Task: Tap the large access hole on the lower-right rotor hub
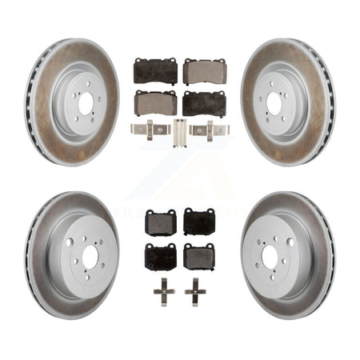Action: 290,242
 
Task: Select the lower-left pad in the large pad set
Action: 155,102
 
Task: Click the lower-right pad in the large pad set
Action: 205,102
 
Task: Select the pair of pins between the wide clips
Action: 179,128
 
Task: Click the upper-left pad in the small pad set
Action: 161,222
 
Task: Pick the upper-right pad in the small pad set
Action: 198,222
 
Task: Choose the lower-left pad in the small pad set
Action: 161,256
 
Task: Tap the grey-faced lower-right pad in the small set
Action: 198,256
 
